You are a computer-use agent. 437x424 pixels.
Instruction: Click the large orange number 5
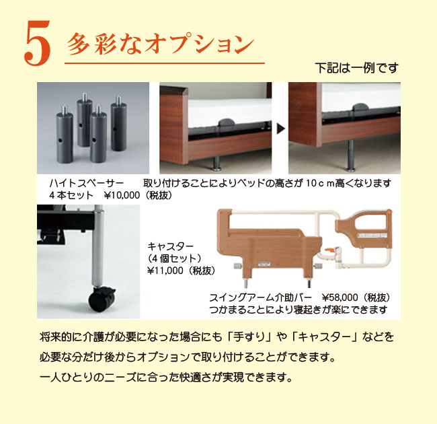tap(38, 44)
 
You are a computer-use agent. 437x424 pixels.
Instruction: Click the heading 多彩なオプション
tap(161, 44)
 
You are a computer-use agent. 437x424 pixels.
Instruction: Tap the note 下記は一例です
tap(357, 68)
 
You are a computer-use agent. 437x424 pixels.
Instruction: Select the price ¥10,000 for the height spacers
tap(122, 195)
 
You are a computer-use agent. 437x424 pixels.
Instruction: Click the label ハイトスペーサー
tap(87, 183)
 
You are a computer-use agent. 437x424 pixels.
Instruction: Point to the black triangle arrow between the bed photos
tap(281, 129)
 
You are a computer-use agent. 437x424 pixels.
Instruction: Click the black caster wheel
tap(102, 299)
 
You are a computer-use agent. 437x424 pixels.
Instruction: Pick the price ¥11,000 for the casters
tap(165, 271)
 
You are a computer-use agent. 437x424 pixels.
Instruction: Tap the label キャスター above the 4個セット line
tap(170, 246)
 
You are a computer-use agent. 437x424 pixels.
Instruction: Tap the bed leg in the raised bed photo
tap(351, 155)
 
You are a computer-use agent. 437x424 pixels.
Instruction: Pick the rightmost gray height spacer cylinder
tap(118, 124)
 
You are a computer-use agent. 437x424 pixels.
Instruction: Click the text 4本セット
tap(71, 195)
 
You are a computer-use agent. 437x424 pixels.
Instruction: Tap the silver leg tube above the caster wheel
tap(98, 246)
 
